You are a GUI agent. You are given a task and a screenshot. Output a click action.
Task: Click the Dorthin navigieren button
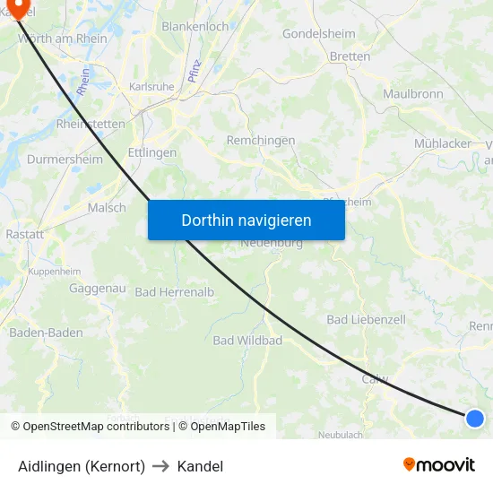[x=246, y=220]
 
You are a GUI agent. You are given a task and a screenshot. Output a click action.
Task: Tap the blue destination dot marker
[x=475, y=418]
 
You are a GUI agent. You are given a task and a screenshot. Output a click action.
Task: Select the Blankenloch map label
[x=195, y=27]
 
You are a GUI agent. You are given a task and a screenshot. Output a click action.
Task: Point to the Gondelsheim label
[x=318, y=34]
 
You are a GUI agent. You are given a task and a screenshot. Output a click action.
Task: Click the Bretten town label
[x=350, y=56]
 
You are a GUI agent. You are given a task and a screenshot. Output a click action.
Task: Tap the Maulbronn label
[x=412, y=93]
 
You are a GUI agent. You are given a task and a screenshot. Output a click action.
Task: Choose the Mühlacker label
[x=443, y=143]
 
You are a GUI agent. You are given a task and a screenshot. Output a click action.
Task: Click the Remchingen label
[x=262, y=141]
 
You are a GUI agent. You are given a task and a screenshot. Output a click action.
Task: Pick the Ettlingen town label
[x=151, y=152]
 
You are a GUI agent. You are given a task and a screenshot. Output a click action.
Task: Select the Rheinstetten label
[x=91, y=125]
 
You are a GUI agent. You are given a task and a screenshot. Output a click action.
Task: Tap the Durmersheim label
[x=65, y=160]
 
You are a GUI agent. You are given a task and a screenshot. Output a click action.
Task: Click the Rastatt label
[x=24, y=234]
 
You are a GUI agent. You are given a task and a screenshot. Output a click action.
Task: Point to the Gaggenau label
[x=97, y=289]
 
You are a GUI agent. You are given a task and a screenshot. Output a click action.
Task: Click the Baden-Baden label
[x=46, y=333]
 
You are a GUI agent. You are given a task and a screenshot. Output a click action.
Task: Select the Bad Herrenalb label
[x=175, y=292]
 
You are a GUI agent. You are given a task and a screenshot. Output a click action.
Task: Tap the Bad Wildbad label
[x=247, y=341]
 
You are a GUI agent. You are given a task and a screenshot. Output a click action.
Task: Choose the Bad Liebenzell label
[x=366, y=319]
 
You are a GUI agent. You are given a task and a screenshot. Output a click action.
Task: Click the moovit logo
[x=439, y=464]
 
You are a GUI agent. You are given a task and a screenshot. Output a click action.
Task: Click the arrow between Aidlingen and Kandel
[x=160, y=466]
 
